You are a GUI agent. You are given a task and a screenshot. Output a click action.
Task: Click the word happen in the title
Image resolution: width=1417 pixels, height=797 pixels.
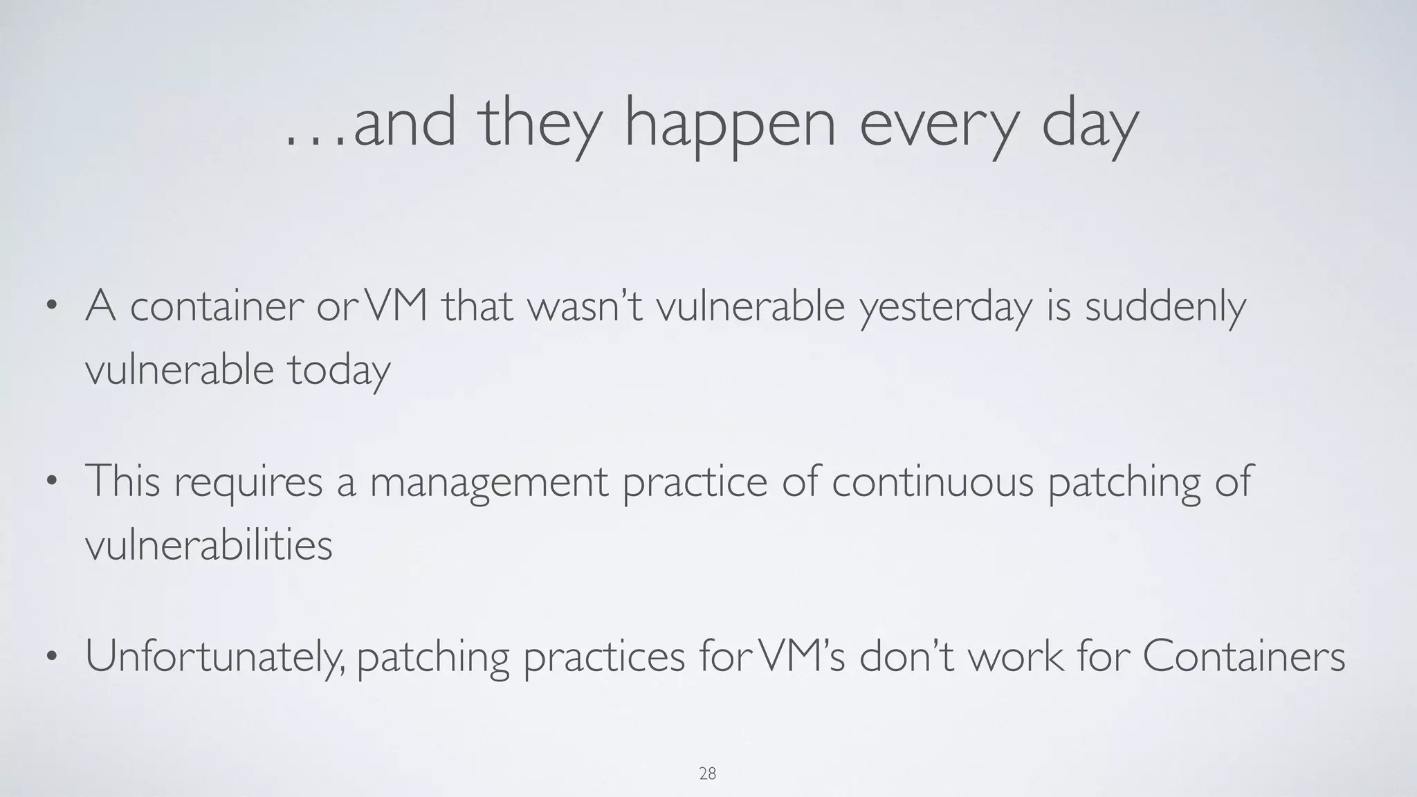(730, 125)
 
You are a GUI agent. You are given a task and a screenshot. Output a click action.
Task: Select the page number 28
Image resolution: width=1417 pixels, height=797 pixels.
(707, 773)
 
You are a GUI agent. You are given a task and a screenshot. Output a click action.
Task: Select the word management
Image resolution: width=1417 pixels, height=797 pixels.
(488, 482)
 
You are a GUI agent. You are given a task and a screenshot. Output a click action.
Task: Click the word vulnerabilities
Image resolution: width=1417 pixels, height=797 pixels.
(208, 545)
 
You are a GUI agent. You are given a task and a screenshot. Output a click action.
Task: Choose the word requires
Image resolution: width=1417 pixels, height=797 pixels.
(248, 482)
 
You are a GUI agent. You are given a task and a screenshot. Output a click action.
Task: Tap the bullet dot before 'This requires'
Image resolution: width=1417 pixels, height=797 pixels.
(51, 482)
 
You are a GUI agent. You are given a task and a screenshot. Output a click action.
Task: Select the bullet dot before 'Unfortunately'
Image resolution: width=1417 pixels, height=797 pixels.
(51, 657)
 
